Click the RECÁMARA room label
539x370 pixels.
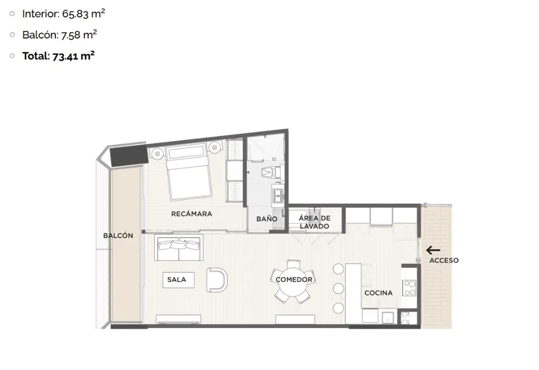click(192, 214)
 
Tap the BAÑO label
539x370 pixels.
click(267, 219)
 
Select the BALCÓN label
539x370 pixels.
click(118, 236)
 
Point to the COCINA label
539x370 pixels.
click(378, 293)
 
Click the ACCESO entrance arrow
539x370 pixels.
click(433, 250)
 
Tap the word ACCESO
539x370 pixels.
click(444, 260)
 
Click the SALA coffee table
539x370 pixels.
click(178, 280)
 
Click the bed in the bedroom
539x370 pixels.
click(188, 173)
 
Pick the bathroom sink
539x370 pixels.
click(278, 196)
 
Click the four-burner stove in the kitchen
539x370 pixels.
click(410, 288)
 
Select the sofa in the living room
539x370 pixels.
click(179, 248)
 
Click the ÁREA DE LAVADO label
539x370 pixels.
click(315, 222)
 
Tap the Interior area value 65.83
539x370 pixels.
click(75, 14)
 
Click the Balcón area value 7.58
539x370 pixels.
click(71, 35)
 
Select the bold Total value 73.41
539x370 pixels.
click(65, 56)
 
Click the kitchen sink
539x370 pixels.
click(388, 317)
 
